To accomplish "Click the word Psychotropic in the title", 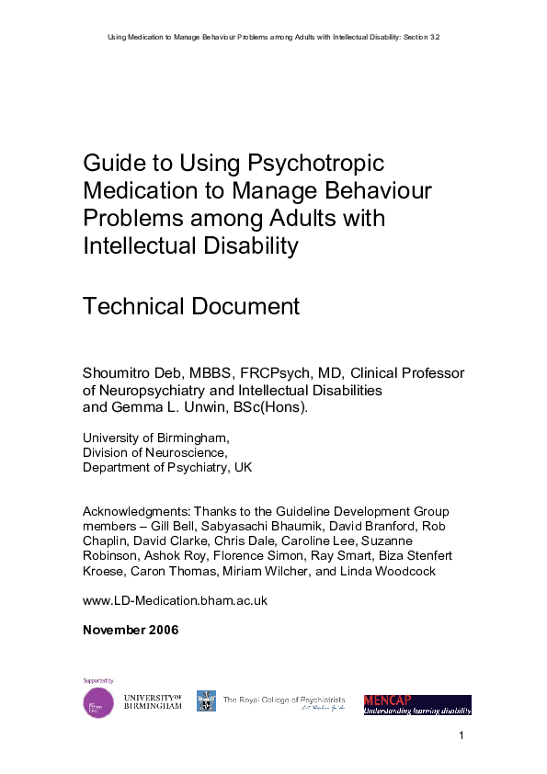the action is click(x=313, y=164).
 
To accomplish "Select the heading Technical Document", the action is click(x=191, y=306).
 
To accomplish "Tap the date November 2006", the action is click(x=131, y=630).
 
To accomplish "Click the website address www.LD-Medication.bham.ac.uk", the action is click(x=175, y=600).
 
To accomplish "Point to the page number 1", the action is click(x=461, y=736).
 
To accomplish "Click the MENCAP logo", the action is click(x=417, y=704).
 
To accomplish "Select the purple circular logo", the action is click(x=98, y=703).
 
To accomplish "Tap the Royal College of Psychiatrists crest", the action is click(x=206, y=701).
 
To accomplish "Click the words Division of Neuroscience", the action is click(x=154, y=452).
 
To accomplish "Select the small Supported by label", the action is click(x=98, y=681).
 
